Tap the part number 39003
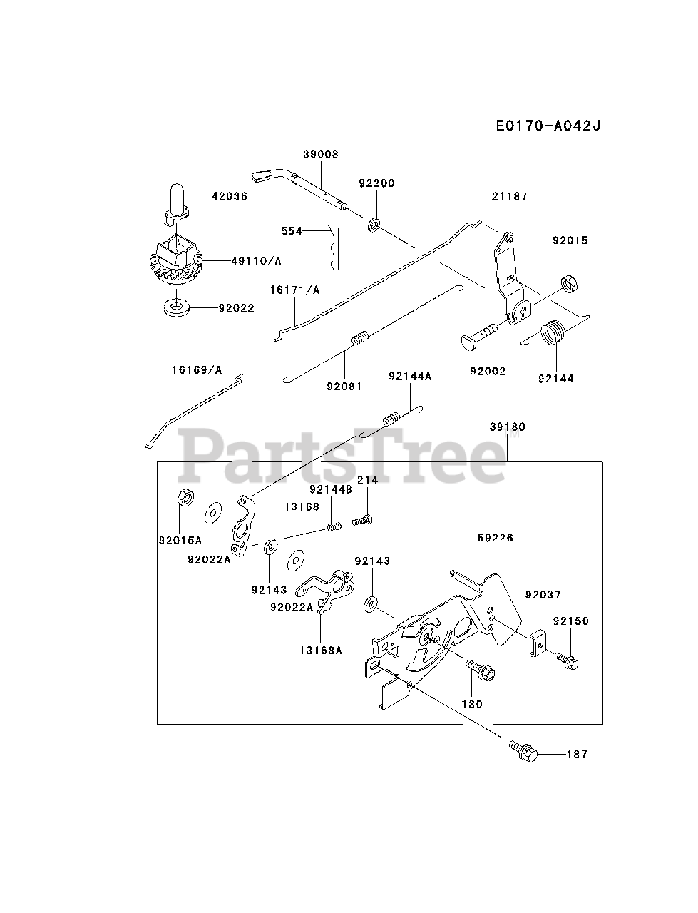320,154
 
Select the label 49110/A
256,262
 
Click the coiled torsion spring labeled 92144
553,336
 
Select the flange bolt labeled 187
523,750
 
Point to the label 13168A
319,650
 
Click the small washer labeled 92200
374,226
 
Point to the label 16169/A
196,369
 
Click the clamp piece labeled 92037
538,641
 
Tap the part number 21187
509,196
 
